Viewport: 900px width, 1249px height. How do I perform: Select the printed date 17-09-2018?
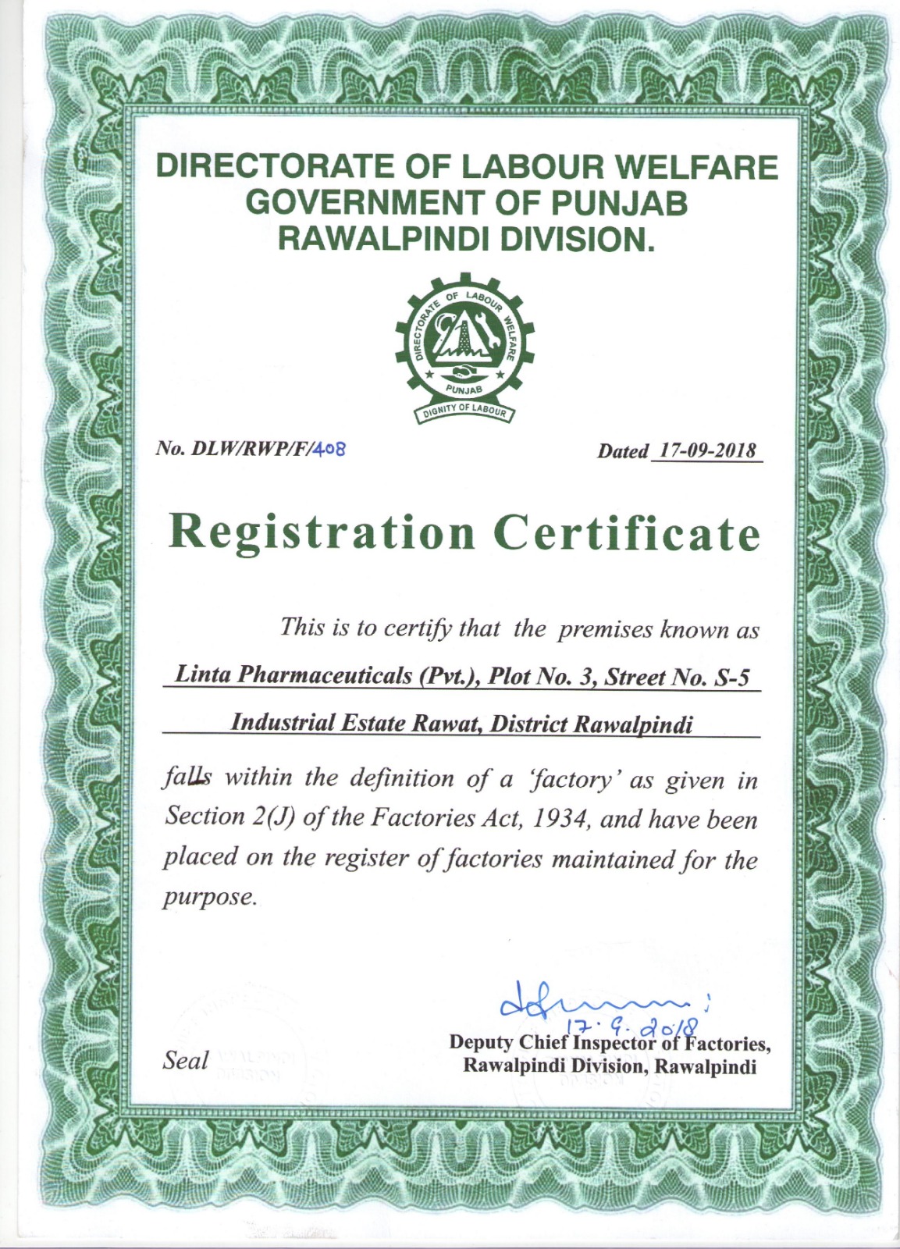[708, 451]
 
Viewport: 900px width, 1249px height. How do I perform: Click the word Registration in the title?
[322, 533]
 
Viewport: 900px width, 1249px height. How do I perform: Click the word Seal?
[186, 1060]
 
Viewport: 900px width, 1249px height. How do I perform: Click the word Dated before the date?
[623, 451]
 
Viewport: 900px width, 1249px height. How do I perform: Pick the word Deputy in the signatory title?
[482, 1042]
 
